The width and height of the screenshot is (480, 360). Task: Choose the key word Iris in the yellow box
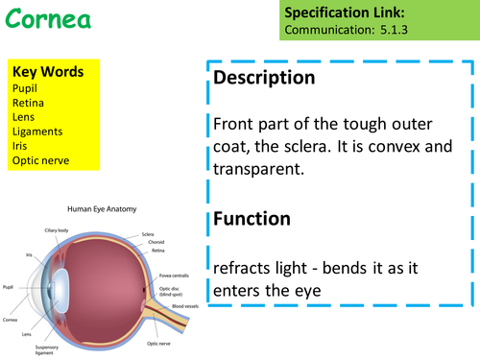click(x=21, y=145)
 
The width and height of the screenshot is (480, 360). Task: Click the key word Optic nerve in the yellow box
click(x=40, y=160)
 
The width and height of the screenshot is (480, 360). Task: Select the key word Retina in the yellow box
click(x=30, y=101)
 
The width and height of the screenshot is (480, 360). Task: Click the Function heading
click(x=252, y=219)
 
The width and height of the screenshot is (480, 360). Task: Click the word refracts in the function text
click(x=243, y=266)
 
